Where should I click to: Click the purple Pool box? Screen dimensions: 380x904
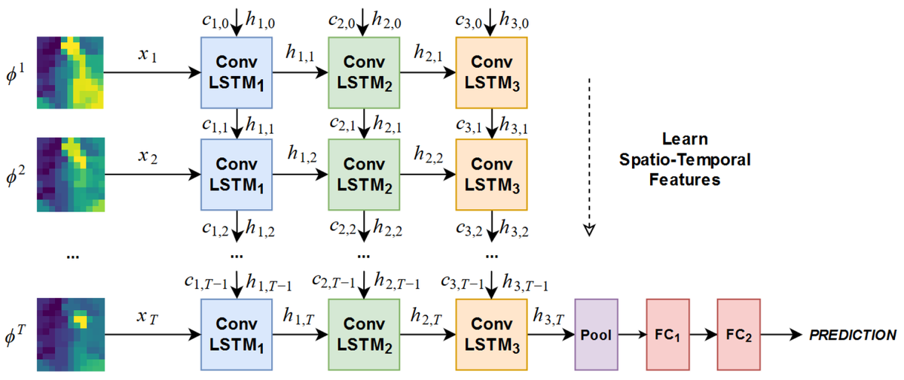point(596,334)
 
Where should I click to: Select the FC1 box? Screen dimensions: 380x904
point(667,334)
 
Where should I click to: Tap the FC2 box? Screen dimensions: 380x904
point(739,334)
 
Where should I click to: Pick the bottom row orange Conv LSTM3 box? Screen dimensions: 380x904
point(492,333)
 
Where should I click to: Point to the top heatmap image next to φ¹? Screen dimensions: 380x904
point(69,73)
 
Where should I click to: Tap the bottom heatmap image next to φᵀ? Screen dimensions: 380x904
point(69,335)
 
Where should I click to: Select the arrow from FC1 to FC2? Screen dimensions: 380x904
point(703,334)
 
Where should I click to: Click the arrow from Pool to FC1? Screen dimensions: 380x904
point(631,334)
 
